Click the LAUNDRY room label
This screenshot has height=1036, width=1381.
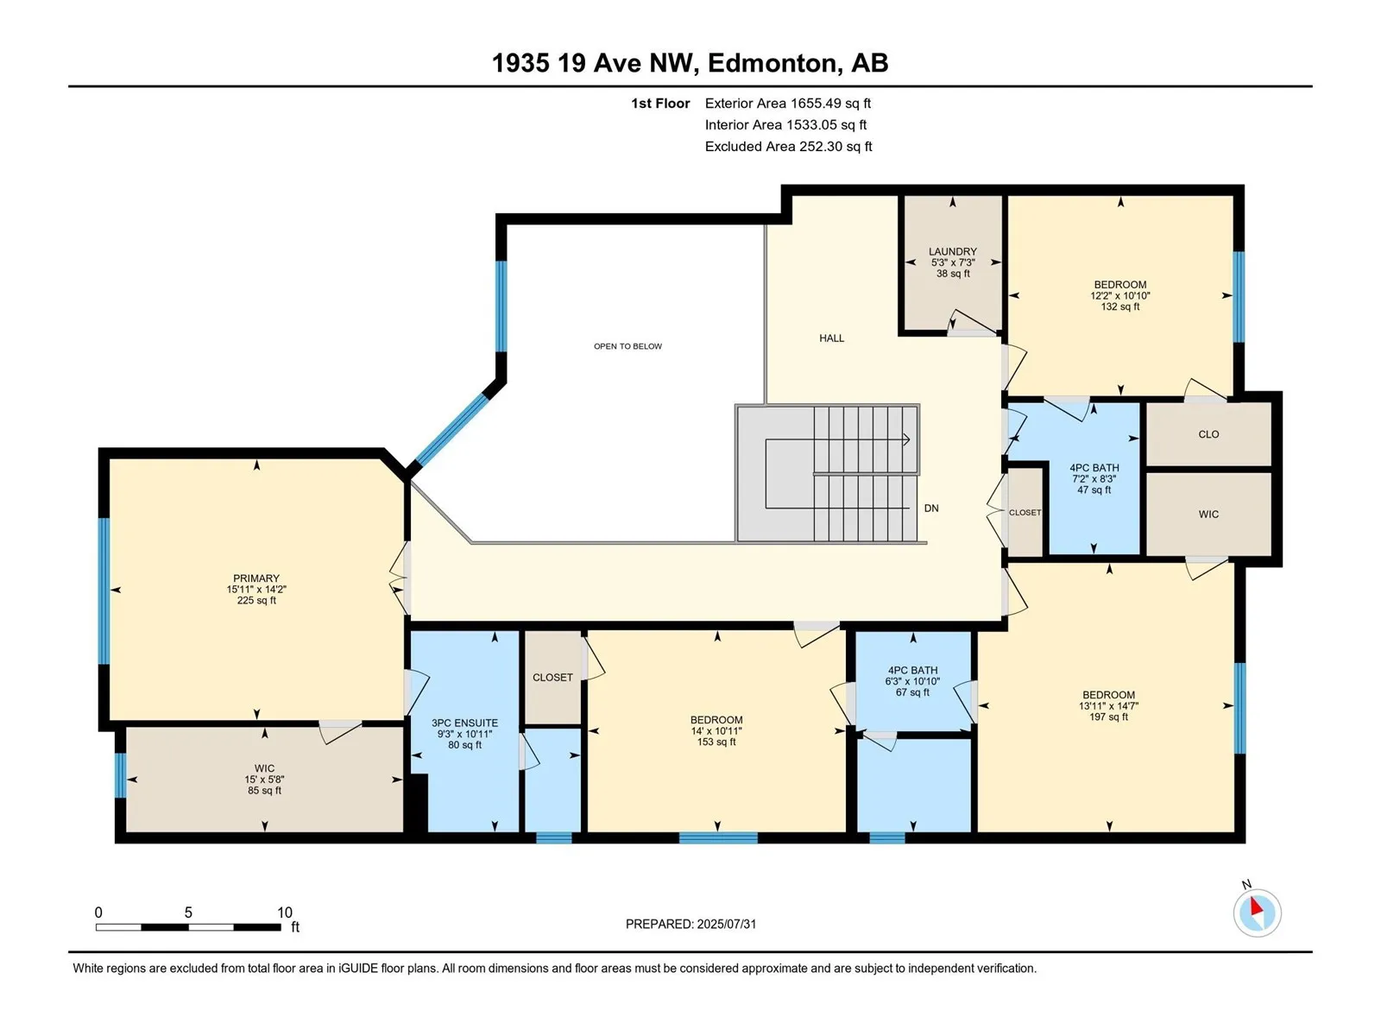(953, 251)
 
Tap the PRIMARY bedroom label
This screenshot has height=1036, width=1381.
(256, 578)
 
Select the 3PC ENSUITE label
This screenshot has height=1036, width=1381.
(464, 723)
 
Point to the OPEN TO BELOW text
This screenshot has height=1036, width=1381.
(627, 346)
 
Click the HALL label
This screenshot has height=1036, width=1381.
(831, 338)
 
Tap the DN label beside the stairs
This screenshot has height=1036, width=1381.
(931, 509)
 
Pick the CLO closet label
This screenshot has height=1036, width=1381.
(1208, 434)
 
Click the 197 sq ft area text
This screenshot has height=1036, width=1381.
(1108, 717)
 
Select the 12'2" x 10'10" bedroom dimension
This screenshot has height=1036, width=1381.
(1119, 295)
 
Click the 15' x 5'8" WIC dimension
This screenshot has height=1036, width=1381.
(264, 780)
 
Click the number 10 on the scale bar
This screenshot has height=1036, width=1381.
(284, 913)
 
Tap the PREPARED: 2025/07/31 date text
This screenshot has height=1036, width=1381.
(690, 924)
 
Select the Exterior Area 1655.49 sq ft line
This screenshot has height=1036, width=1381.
(788, 103)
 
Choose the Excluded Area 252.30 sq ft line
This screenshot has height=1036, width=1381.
(788, 147)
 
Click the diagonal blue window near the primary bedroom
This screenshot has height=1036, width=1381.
(451, 430)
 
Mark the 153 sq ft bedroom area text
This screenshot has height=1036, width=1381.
(716, 742)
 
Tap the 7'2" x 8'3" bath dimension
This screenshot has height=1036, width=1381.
(1094, 479)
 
